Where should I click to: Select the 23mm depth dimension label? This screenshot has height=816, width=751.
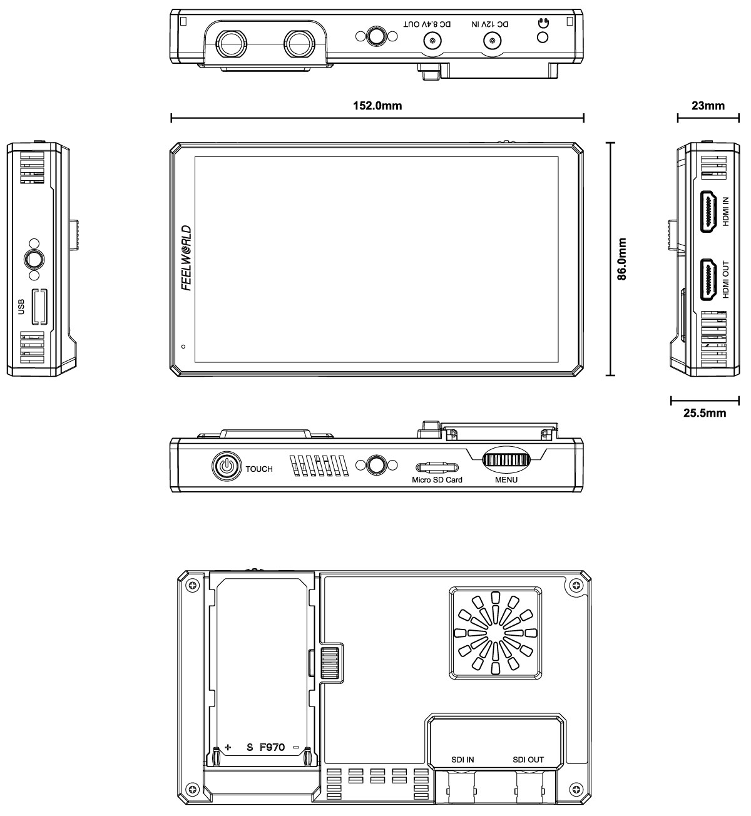coord(708,105)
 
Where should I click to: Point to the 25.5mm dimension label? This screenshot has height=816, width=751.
coord(705,413)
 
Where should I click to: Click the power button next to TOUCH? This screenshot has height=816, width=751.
coord(226,466)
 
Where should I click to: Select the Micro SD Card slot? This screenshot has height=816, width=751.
coord(437,467)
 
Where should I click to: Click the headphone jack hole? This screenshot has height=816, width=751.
coord(543,38)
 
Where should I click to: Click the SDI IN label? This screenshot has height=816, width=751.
coord(462,760)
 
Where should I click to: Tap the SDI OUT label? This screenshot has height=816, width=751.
coord(528,760)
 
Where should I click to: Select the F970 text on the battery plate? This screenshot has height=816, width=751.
coord(272,747)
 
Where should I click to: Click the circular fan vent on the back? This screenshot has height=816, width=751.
coord(494,633)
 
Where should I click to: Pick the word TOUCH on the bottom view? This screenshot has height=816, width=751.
coord(259,469)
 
